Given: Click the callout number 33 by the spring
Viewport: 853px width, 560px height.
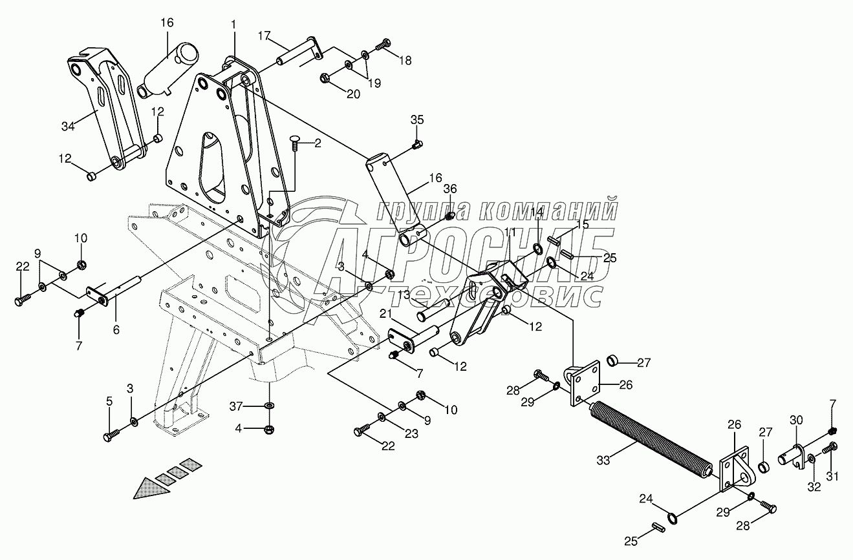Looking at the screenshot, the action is (x=603, y=461).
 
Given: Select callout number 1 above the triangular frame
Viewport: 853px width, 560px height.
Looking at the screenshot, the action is (x=233, y=25).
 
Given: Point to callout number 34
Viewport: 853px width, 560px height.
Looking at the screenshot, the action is (x=68, y=127).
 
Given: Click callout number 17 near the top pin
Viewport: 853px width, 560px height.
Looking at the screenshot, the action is (x=264, y=36).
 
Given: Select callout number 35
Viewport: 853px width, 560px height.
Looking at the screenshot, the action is (x=417, y=120).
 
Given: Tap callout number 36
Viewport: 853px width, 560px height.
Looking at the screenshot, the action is (x=449, y=189).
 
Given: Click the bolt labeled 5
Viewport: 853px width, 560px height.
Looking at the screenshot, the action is (x=112, y=435).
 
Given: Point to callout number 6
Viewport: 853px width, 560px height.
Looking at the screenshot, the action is (x=116, y=329).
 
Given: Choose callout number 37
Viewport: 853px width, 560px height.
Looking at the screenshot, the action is (x=235, y=406).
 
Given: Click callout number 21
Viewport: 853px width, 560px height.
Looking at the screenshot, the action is (x=385, y=314).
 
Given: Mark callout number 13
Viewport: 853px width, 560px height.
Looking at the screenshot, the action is (x=404, y=295).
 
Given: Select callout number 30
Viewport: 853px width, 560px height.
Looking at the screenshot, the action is (x=796, y=420).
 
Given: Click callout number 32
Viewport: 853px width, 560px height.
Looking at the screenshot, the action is (x=814, y=487).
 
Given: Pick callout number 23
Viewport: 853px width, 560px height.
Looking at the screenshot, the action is (x=411, y=433).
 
